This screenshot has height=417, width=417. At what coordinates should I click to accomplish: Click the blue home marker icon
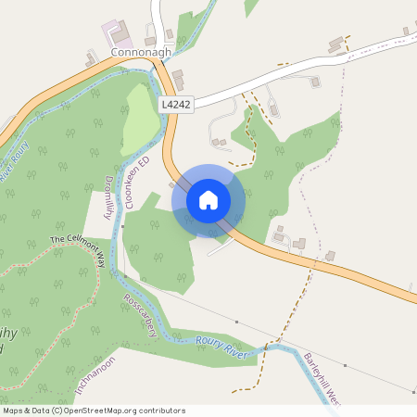pyautogui.click(x=208, y=198)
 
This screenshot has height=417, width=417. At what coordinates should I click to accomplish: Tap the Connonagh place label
pyautogui.click(x=141, y=54)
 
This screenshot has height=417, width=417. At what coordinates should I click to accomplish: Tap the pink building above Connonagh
pyautogui.click(x=118, y=30)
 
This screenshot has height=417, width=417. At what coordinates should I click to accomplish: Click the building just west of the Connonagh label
pyautogui.click(x=91, y=59)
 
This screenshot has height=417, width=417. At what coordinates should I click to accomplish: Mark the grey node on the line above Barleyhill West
pyautogui.click(x=237, y=322)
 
